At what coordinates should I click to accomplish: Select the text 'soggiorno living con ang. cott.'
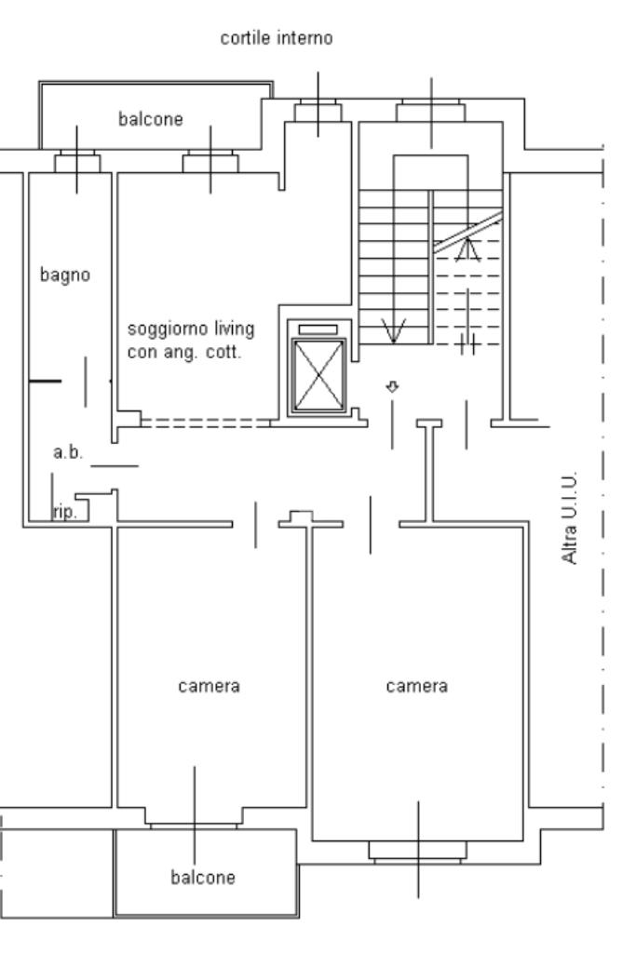point(190,341)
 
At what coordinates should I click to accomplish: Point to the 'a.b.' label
point(68,453)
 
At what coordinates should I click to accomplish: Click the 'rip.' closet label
point(64,512)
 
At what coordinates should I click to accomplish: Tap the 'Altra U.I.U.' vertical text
point(570,517)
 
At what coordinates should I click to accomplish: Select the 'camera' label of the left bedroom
point(209,686)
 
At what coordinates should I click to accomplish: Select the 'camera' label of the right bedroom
point(416,686)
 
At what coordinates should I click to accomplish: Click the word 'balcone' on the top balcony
point(151,119)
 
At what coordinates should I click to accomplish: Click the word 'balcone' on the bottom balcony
point(203,877)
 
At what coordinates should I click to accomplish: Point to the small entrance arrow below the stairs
point(393,386)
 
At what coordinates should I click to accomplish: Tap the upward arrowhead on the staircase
point(468,248)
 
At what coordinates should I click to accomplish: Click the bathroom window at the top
point(76,163)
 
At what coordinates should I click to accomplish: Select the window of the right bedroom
point(416,850)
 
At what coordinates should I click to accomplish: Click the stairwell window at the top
point(430,113)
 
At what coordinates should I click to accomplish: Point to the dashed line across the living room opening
point(205,422)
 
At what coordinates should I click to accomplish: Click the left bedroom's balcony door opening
point(195,825)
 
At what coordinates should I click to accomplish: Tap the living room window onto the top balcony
point(210,163)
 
